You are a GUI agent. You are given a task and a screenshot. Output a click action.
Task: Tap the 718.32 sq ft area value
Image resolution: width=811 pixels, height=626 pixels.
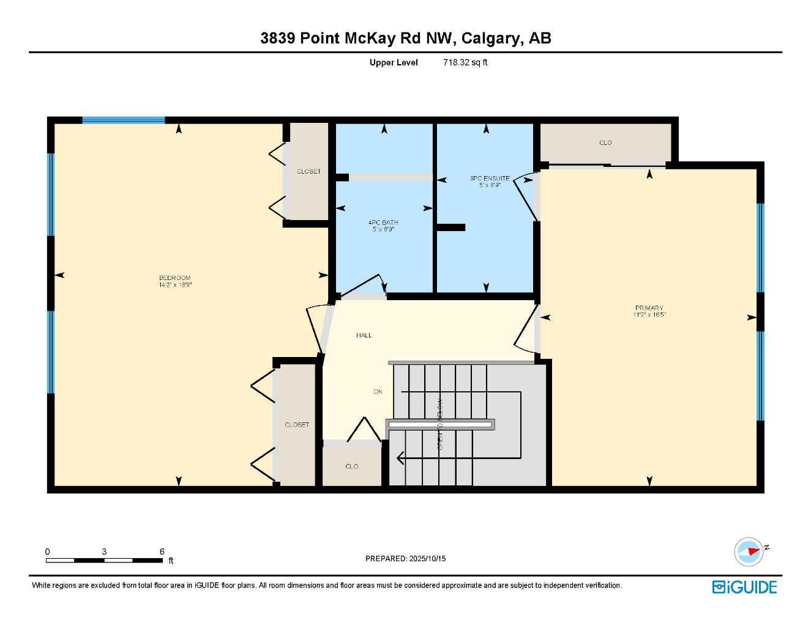[465, 62]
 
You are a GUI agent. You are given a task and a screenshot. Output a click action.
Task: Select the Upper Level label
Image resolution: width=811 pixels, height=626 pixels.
[394, 62]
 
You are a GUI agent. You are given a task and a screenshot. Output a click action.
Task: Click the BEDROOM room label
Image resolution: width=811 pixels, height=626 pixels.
[175, 278]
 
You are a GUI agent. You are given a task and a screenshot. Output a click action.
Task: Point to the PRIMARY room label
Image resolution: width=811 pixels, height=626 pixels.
[649, 308]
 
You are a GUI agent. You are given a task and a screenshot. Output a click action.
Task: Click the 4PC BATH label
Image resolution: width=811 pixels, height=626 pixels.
[383, 223]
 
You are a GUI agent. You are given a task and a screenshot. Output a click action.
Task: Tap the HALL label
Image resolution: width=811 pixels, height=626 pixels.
[364, 335]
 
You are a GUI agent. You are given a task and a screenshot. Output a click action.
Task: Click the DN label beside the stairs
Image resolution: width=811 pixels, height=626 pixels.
[378, 391]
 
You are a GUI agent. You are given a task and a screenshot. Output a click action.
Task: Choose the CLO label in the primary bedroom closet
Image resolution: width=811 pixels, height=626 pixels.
[605, 143]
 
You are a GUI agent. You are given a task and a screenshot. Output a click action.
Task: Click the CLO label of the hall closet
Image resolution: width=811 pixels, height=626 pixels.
[351, 466]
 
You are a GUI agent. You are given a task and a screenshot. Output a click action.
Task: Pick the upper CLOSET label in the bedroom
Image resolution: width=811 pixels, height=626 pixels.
[308, 172]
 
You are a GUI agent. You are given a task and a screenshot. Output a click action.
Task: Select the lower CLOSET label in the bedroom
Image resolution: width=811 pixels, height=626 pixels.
[297, 425]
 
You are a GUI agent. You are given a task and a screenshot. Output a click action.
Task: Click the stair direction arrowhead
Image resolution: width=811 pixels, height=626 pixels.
[401, 457]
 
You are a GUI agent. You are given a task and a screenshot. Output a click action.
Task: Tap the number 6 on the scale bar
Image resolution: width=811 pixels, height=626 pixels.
[162, 551]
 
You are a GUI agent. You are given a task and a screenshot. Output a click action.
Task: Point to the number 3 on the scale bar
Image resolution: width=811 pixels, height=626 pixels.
[104, 551]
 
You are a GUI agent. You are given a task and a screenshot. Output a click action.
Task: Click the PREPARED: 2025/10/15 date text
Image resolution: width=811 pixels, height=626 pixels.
[405, 559]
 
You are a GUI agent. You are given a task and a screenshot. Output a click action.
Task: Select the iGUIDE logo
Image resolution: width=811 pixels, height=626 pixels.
[744, 587]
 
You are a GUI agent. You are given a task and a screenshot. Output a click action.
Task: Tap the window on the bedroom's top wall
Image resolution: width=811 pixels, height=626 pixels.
[124, 120]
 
